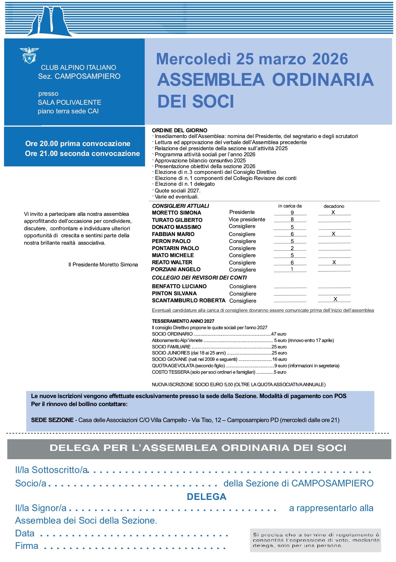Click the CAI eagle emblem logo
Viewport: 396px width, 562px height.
29,55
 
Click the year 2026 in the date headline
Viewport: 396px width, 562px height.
330,59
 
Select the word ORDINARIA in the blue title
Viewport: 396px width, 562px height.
323,80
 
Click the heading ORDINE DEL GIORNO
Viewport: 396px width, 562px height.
179,130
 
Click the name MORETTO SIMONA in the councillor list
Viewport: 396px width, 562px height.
176,213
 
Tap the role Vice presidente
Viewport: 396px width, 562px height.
247,219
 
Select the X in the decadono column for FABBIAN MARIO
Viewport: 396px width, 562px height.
333,234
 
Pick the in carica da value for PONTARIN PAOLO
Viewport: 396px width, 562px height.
292,248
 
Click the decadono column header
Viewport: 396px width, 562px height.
334,206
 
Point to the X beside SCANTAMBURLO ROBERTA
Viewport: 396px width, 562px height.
335,299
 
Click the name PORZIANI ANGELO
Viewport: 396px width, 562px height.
176,269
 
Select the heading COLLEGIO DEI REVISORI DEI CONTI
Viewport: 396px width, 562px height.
199,278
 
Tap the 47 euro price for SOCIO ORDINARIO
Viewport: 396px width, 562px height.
279,334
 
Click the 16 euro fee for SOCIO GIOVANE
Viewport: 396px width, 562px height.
280,359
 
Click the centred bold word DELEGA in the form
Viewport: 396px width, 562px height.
207,497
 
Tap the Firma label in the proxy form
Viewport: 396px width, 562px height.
27,546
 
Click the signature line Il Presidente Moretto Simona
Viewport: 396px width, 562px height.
103,265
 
